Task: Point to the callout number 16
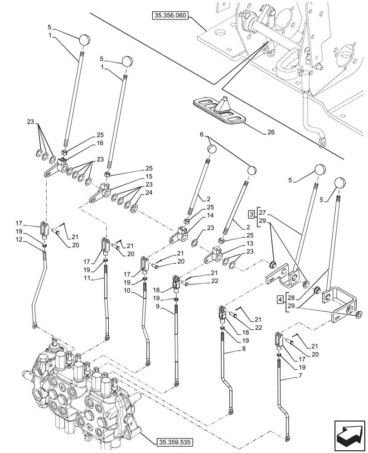[100, 143]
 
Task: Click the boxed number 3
[251, 214]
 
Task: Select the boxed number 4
[280, 299]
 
